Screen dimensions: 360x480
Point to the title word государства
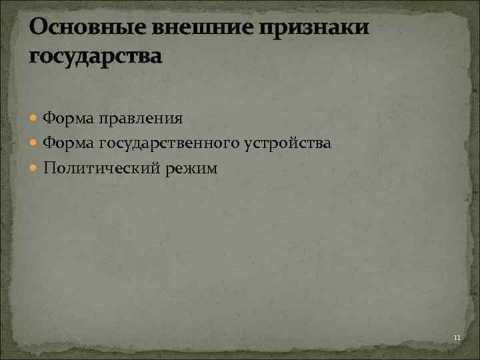pyautogui.click(x=95, y=56)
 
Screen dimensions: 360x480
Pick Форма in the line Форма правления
pyautogui.click(x=67, y=119)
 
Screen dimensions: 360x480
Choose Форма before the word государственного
pyautogui.click(x=67, y=143)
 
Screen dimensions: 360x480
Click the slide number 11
pyautogui.click(x=457, y=339)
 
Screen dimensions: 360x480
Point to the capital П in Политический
pyautogui.click(x=49, y=168)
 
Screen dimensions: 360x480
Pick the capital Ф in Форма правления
pyautogui.click(x=49, y=119)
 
